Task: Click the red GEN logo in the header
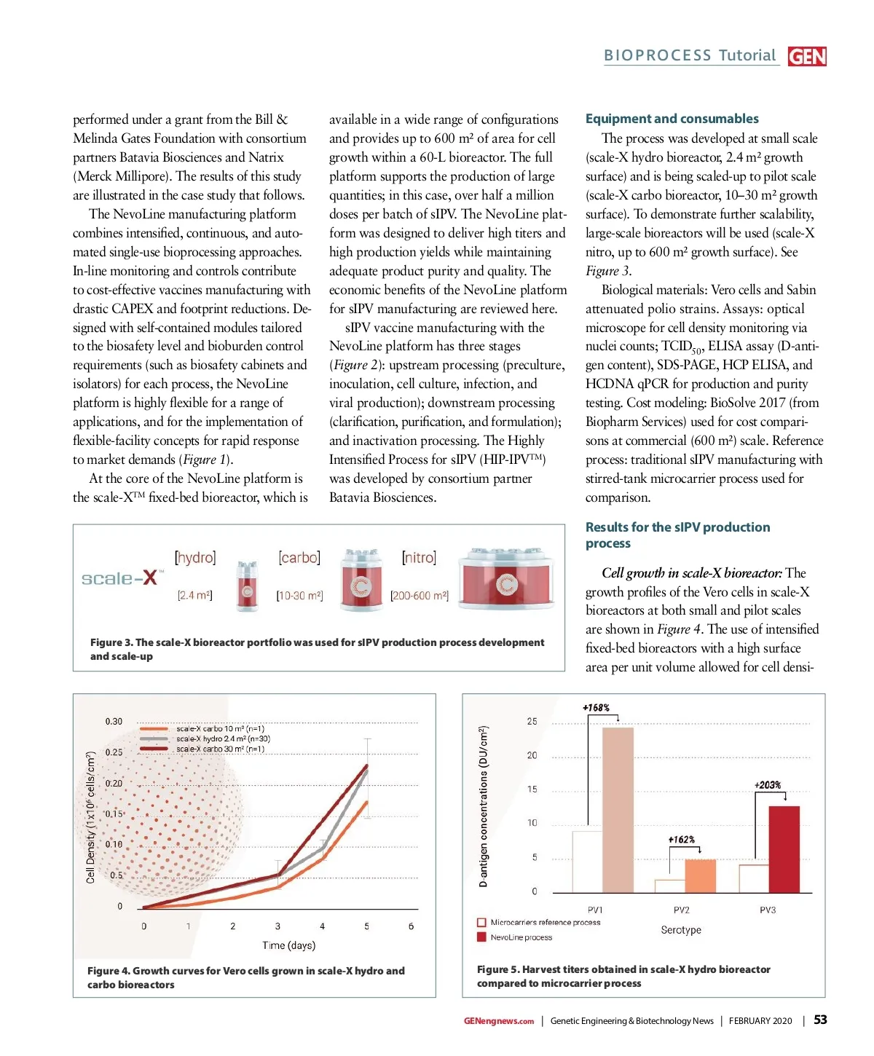[807, 56]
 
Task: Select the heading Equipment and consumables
[672, 119]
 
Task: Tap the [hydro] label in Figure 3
[195, 558]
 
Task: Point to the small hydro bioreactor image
[247, 584]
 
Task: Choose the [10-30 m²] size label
[299, 596]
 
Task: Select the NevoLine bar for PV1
[618, 810]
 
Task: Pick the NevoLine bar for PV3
[784, 849]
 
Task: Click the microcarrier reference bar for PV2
[669, 886]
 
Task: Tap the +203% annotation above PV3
[768, 785]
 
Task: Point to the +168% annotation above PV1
[596, 708]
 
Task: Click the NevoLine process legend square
[481, 937]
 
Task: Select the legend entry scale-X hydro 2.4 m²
[223, 738]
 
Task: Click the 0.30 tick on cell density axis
[114, 722]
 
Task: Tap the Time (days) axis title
[288, 945]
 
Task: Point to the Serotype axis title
[681, 930]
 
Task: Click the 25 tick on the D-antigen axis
[532, 722]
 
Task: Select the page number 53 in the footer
[820, 1020]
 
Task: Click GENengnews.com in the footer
[498, 1021]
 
